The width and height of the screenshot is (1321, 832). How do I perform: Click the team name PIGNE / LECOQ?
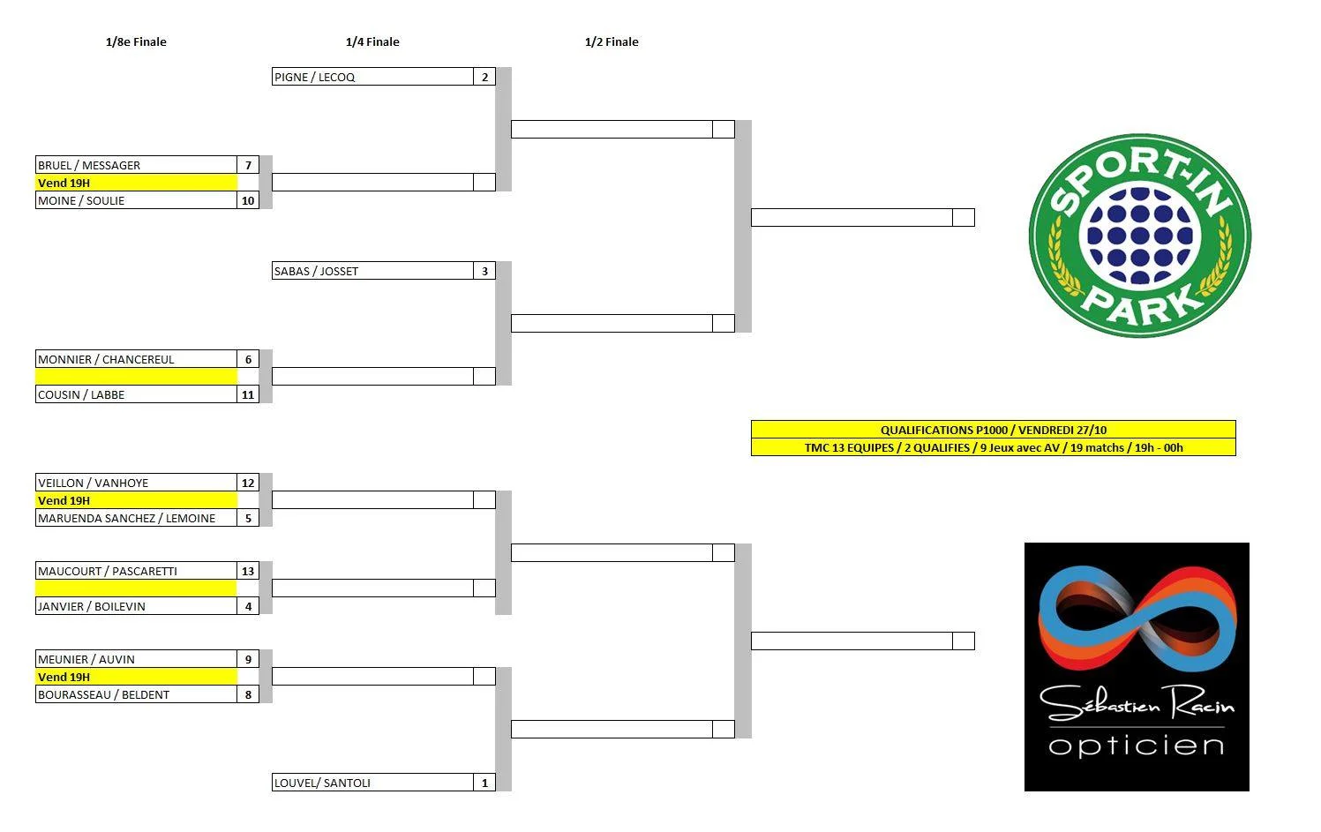point(315,77)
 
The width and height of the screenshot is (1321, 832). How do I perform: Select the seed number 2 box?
point(484,77)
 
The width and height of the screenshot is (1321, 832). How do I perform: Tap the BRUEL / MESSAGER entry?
point(89,165)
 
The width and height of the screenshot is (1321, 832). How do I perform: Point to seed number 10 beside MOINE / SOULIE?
point(248,200)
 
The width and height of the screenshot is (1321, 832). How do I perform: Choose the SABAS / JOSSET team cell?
point(316,271)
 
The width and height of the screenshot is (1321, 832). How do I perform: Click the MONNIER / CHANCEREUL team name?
point(106,359)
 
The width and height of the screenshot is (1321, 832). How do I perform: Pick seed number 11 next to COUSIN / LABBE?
point(248,394)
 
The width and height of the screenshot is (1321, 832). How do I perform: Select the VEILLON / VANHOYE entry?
point(93,483)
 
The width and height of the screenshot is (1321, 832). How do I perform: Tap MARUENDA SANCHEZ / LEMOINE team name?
point(126,518)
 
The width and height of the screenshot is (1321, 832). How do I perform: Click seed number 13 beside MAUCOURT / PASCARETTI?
point(248,571)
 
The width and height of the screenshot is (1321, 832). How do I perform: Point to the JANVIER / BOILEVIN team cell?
point(92,606)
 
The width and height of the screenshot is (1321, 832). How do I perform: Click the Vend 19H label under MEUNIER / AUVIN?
point(64,677)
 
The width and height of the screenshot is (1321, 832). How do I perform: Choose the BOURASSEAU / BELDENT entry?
point(103,694)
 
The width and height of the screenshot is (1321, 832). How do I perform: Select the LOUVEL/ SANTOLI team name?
point(322,783)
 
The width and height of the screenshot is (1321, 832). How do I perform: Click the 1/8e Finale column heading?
point(136,41)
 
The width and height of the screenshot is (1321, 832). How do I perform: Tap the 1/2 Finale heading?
point(612,41)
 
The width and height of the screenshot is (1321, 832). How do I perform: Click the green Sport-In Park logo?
point(1139,236)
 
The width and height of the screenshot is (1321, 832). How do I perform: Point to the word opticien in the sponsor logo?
point(1137,746)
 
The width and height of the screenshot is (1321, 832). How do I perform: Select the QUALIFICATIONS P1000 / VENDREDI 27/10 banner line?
point(993,430)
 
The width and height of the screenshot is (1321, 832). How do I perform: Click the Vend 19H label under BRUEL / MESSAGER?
point(64,183)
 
